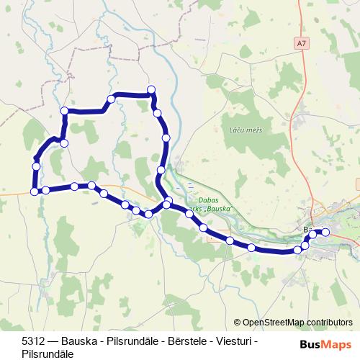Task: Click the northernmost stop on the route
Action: pos(151,89)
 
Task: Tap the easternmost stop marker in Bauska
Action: pos(325,232)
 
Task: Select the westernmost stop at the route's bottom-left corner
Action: pos(35,192)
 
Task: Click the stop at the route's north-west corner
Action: pos(65,111)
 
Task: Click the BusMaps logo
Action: pos(325,344)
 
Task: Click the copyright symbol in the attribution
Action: pos(237,323)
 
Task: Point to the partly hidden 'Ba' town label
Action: pos(308,230)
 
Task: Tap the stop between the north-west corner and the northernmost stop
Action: pos(111,99)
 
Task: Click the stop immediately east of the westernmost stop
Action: pos(45,190)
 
